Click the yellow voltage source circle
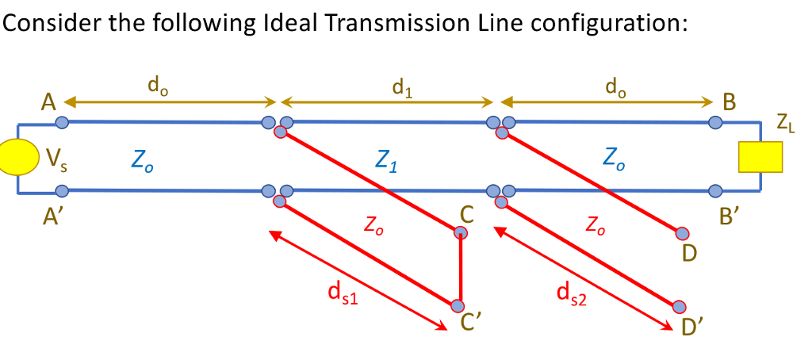[17, 156]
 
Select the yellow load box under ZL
[760, 155]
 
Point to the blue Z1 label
[388, 165]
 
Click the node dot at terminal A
[62, 122]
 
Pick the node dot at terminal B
[715, 122]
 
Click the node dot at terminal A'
[62, 190]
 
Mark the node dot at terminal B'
[715, 190]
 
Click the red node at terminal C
[461, 232]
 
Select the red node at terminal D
[683, 233]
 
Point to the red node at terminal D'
[679, 307]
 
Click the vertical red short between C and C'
[460, 270]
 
